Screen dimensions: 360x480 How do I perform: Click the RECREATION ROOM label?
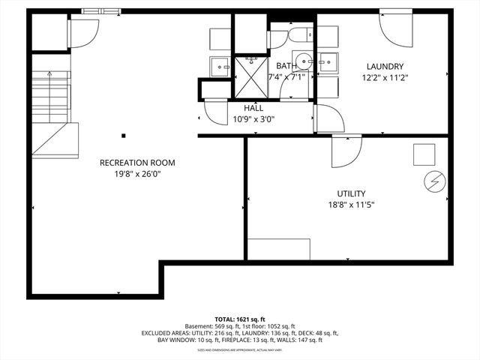pyautogui.click(x=137, y=163)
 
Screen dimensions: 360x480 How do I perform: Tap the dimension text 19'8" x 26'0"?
pyautogui.click(x=137, y=174)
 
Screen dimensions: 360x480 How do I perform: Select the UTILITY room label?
pyautogui.click(x=350, y=193)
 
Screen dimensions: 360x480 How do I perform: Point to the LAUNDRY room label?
pyautogui.click(x=385, y=67)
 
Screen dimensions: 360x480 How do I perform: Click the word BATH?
pyautogui.click(x=286, y=67)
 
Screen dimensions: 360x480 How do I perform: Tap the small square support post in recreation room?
pyautogui.click(x=124, y=136)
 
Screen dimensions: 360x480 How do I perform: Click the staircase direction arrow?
pyautogui.click(x=49, y=75)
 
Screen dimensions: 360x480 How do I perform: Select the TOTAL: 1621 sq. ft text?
pyautogui.click(x=240, y=319)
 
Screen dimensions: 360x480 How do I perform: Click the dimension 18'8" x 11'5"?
pyautogui.click(x=350, y=204)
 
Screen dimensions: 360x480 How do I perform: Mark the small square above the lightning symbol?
pyautogui.click(x=424, y=154)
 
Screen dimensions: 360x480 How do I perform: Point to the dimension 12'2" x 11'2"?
pyautogui.click(x=385, y=77)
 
